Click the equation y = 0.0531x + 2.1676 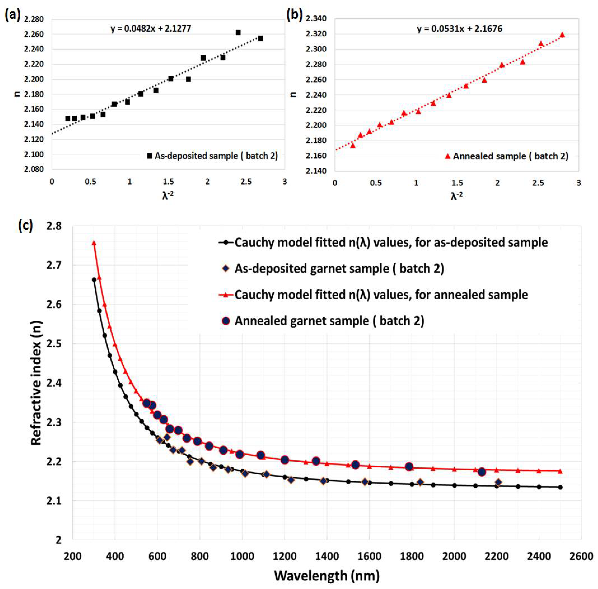pyautogui.click(x=459, y=29)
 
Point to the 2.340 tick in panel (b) pyautogui.click(x=316, y=19)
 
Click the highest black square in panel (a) pyautogui.click(x=238, y=33)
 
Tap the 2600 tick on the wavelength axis pyautogui.click(x=581, y=556)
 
